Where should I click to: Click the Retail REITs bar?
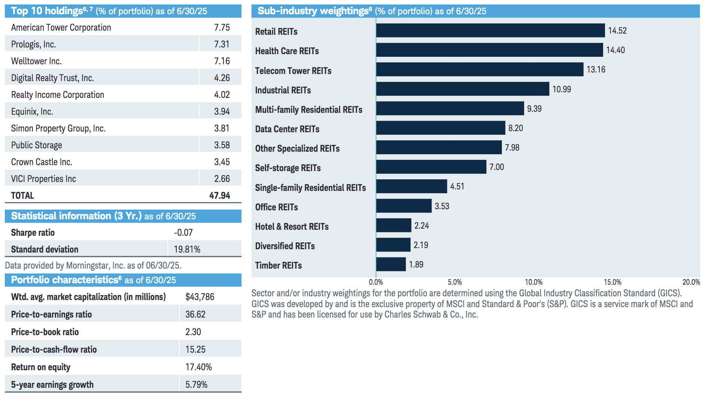coord(490,31)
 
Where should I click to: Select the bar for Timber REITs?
coord(391,265)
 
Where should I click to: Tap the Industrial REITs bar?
coord(463,89)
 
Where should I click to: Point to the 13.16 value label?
coord(596,69)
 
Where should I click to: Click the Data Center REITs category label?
coord(287,129)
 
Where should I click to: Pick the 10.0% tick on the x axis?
coord(534,282)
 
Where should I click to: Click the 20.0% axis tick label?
coord(691,282)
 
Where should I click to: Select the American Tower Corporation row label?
coord(61,28)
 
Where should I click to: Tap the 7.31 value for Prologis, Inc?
coord(222,44)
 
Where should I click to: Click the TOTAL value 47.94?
coord(220,196)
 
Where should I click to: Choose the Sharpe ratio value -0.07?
coord(183,233)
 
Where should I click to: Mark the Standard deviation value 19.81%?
coord(187,250)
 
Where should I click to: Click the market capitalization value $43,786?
coord(200,297)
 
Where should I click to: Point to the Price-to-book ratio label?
coord(45,332)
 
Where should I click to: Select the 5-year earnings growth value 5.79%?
coord(196,385)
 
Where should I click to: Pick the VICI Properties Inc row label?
coord(43,179)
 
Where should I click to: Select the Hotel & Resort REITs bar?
coord(393,226)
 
